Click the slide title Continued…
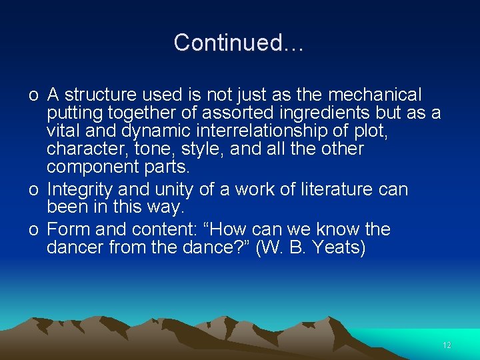239,43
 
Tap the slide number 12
447,345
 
